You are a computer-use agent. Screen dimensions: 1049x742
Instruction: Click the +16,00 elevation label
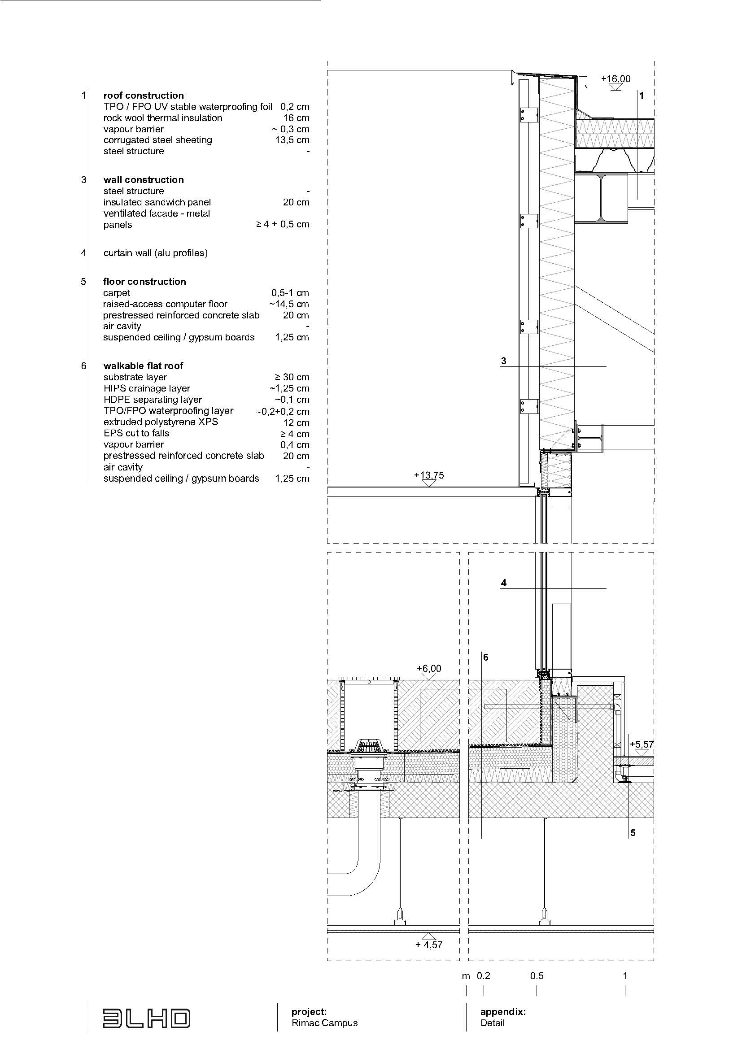click(615, 78)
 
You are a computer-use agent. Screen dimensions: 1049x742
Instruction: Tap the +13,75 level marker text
click(428, 475)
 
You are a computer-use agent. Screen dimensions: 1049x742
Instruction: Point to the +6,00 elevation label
click(428, 669)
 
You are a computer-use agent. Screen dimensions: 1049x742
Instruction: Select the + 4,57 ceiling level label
click(428, 945)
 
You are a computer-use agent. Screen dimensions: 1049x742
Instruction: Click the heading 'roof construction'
click(144, 96)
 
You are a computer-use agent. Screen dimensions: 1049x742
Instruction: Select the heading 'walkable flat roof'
click(143, 366)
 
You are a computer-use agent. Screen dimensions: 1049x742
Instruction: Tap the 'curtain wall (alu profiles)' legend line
click(155, 253)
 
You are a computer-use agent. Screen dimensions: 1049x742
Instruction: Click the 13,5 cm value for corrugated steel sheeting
click(292, 140)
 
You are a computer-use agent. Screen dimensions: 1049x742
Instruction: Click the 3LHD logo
click(146, 1019)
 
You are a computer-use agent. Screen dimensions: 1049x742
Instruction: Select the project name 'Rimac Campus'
click(324, 1023)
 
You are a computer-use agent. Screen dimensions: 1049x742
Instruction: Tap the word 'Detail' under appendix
click(492, 1023)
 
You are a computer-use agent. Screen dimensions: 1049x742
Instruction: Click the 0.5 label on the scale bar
click(537, 976)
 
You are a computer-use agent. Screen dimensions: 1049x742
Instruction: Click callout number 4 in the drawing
click(503, 583)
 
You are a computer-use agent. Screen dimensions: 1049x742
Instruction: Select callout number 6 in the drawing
click(486, 657)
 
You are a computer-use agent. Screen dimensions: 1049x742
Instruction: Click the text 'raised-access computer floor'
click(165, 304)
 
